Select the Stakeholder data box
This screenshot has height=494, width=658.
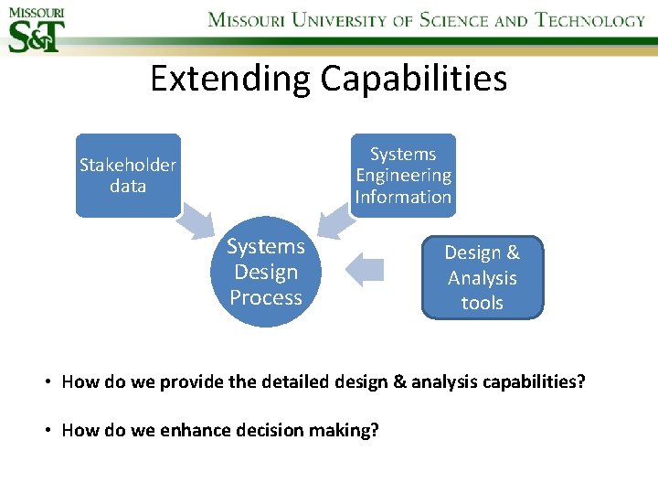tap(128, 175)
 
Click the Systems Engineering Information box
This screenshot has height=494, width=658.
tap(403, 175)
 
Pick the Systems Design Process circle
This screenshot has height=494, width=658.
tap(266, 272)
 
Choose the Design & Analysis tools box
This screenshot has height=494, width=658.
tap(482, 277)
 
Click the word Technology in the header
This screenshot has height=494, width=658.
tap(590, 20)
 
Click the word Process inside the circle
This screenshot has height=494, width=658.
tap(266, 297)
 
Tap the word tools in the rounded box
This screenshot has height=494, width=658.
tap(482, 303)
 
